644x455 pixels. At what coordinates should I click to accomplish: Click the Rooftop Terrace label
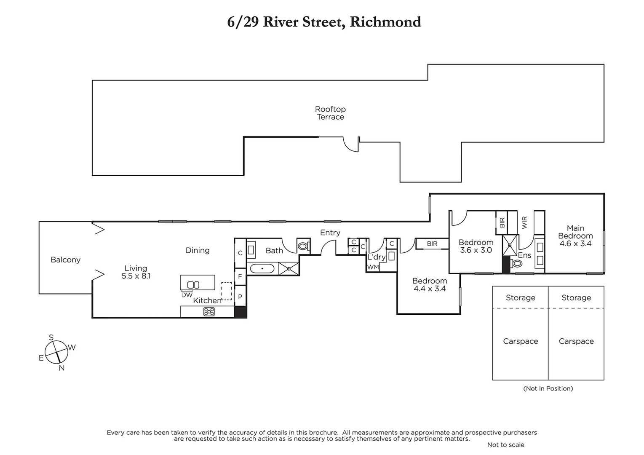(x=330, y=113)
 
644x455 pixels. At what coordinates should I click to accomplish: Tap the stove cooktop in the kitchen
(x=209, y=312)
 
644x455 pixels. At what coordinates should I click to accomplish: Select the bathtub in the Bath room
(x=262, y=268)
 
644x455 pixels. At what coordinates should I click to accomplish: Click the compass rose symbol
(x=56, y=352)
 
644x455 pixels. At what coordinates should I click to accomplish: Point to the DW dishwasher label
(x=187, y=295)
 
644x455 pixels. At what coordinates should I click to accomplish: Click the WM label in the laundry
(x=373, y=267)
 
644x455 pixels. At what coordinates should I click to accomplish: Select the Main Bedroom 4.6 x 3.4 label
(x=575, y=236)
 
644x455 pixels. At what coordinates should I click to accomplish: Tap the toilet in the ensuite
(x=517, y=264)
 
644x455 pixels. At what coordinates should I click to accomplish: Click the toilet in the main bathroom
(x=303, y=246)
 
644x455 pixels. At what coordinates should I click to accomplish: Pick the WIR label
(x=524, y=222)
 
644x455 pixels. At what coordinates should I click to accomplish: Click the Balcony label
(x=65, y=260)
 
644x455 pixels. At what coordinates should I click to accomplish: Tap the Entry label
(x=330, y=233)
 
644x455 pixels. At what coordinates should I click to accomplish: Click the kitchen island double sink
(x=193, y=285)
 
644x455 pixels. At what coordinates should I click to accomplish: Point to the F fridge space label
(x=240, y=277)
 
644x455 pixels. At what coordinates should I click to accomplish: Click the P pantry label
(x=240, y=297)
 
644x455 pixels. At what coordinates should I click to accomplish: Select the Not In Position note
(x=548, y=388)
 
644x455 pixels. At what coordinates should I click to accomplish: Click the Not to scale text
(x=505, y=444)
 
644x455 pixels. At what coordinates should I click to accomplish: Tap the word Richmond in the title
(x=385, y=22)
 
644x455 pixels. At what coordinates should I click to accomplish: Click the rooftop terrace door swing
(x=351, y=145)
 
